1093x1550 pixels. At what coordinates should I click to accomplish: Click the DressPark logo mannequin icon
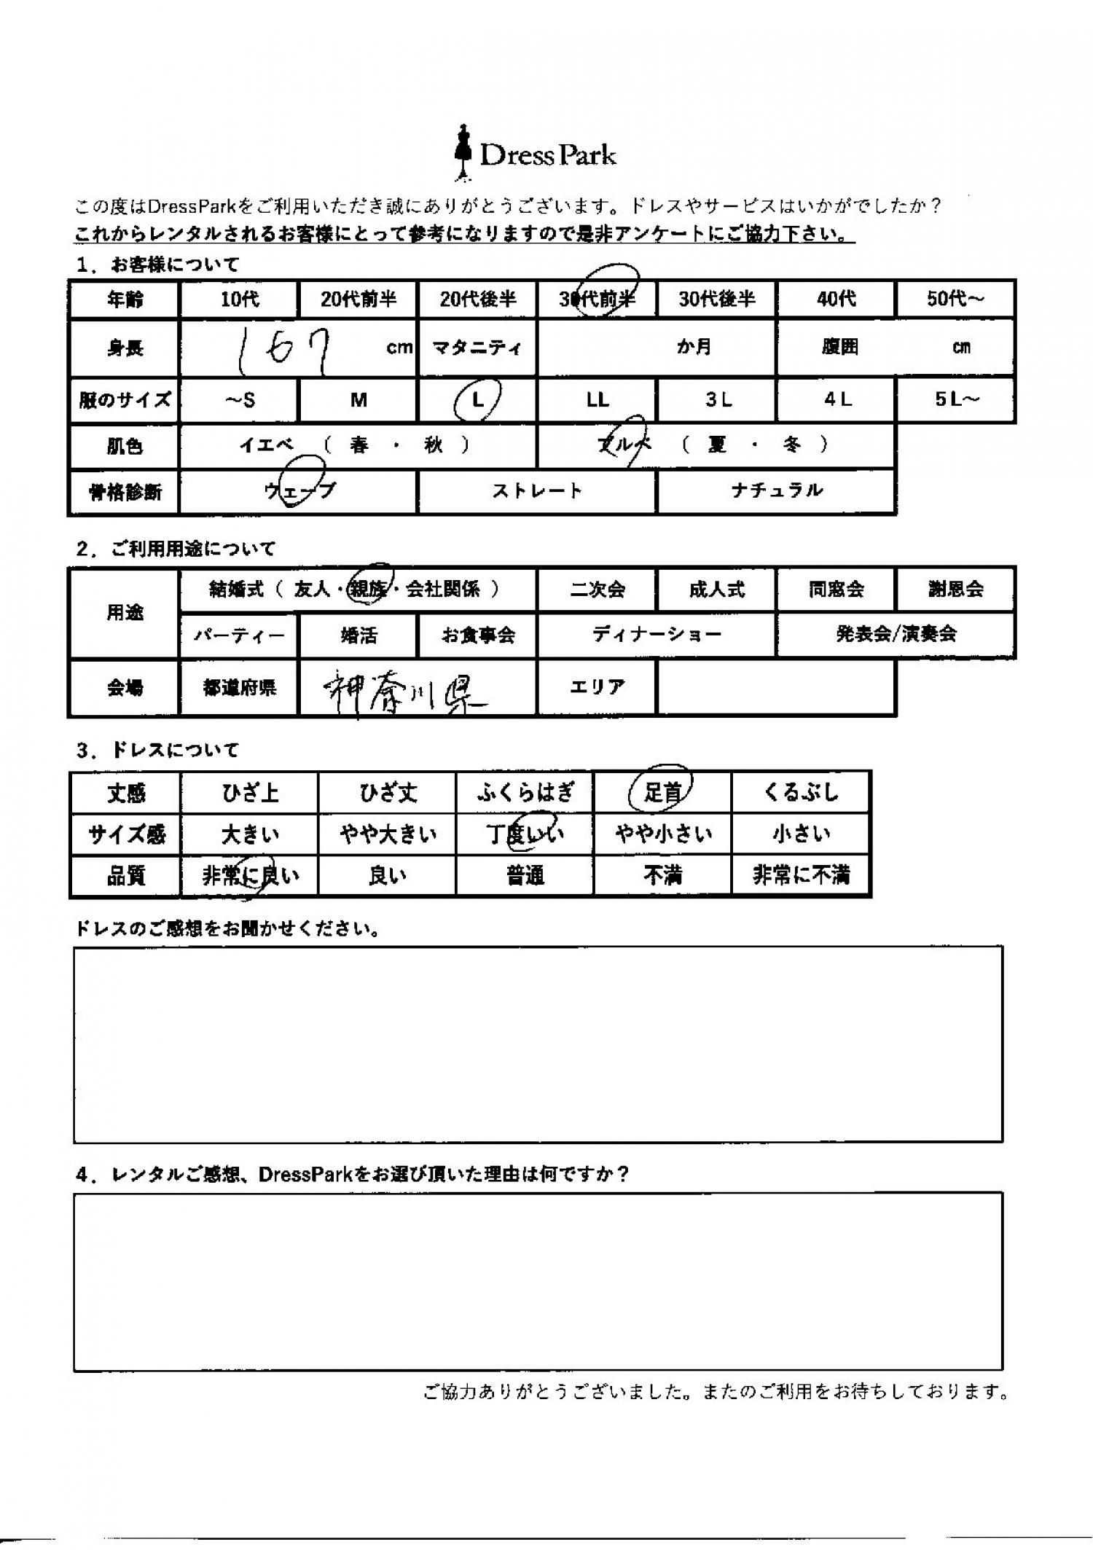(x=462, y=152)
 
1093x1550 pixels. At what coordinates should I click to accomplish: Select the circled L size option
(x=477, y=399)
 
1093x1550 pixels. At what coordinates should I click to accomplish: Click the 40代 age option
(x=836, y=299)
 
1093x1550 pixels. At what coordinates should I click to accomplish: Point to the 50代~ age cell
(x=955, y=299)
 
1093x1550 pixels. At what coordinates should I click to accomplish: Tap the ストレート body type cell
(x=537, y=491)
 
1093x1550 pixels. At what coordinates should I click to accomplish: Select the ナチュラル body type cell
(x=776, y=491)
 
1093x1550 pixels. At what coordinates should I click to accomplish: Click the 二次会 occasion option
(x=598, y=589)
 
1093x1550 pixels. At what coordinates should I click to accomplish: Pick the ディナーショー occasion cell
(x=657, y=635)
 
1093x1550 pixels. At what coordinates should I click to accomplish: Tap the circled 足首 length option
(x=662, y=792)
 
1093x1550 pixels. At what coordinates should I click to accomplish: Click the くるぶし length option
(x=801, y=792)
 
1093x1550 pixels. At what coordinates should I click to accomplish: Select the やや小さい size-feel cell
(x=662, y=834)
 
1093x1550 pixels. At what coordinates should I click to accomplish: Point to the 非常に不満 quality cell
(x=801, y=874)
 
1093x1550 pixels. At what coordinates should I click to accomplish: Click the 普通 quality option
(x=525, y=874)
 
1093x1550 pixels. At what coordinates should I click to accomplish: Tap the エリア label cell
(x=598, y=687)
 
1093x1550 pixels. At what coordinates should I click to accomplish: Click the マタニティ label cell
(x=477, y=348)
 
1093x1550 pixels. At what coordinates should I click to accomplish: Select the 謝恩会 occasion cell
(x=955, y=589)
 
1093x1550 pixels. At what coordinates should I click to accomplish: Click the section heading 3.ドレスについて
(x=157, y=750)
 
